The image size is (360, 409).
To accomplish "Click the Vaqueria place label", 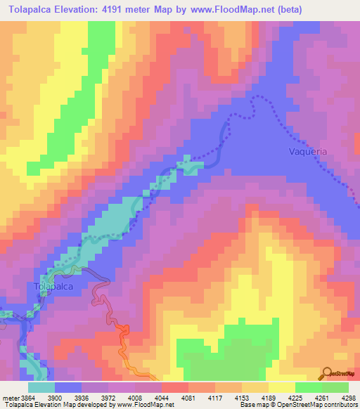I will tap(308, 151).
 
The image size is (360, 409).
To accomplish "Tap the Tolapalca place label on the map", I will tap(53, 287).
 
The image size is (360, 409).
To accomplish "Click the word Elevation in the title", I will tap(88, 10).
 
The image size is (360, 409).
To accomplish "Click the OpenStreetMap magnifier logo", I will tap(326, 372).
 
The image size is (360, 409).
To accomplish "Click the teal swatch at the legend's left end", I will tap(41, 387).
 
